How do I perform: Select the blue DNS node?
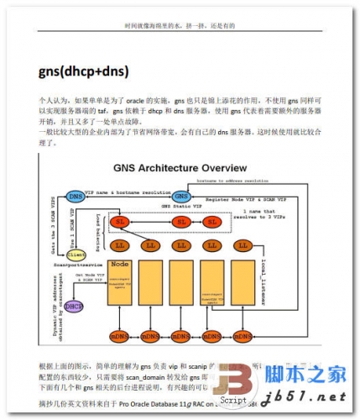[x=76, y=197]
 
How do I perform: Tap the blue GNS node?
[x=180, y=197]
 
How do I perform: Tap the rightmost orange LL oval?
[x=243, y=246]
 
